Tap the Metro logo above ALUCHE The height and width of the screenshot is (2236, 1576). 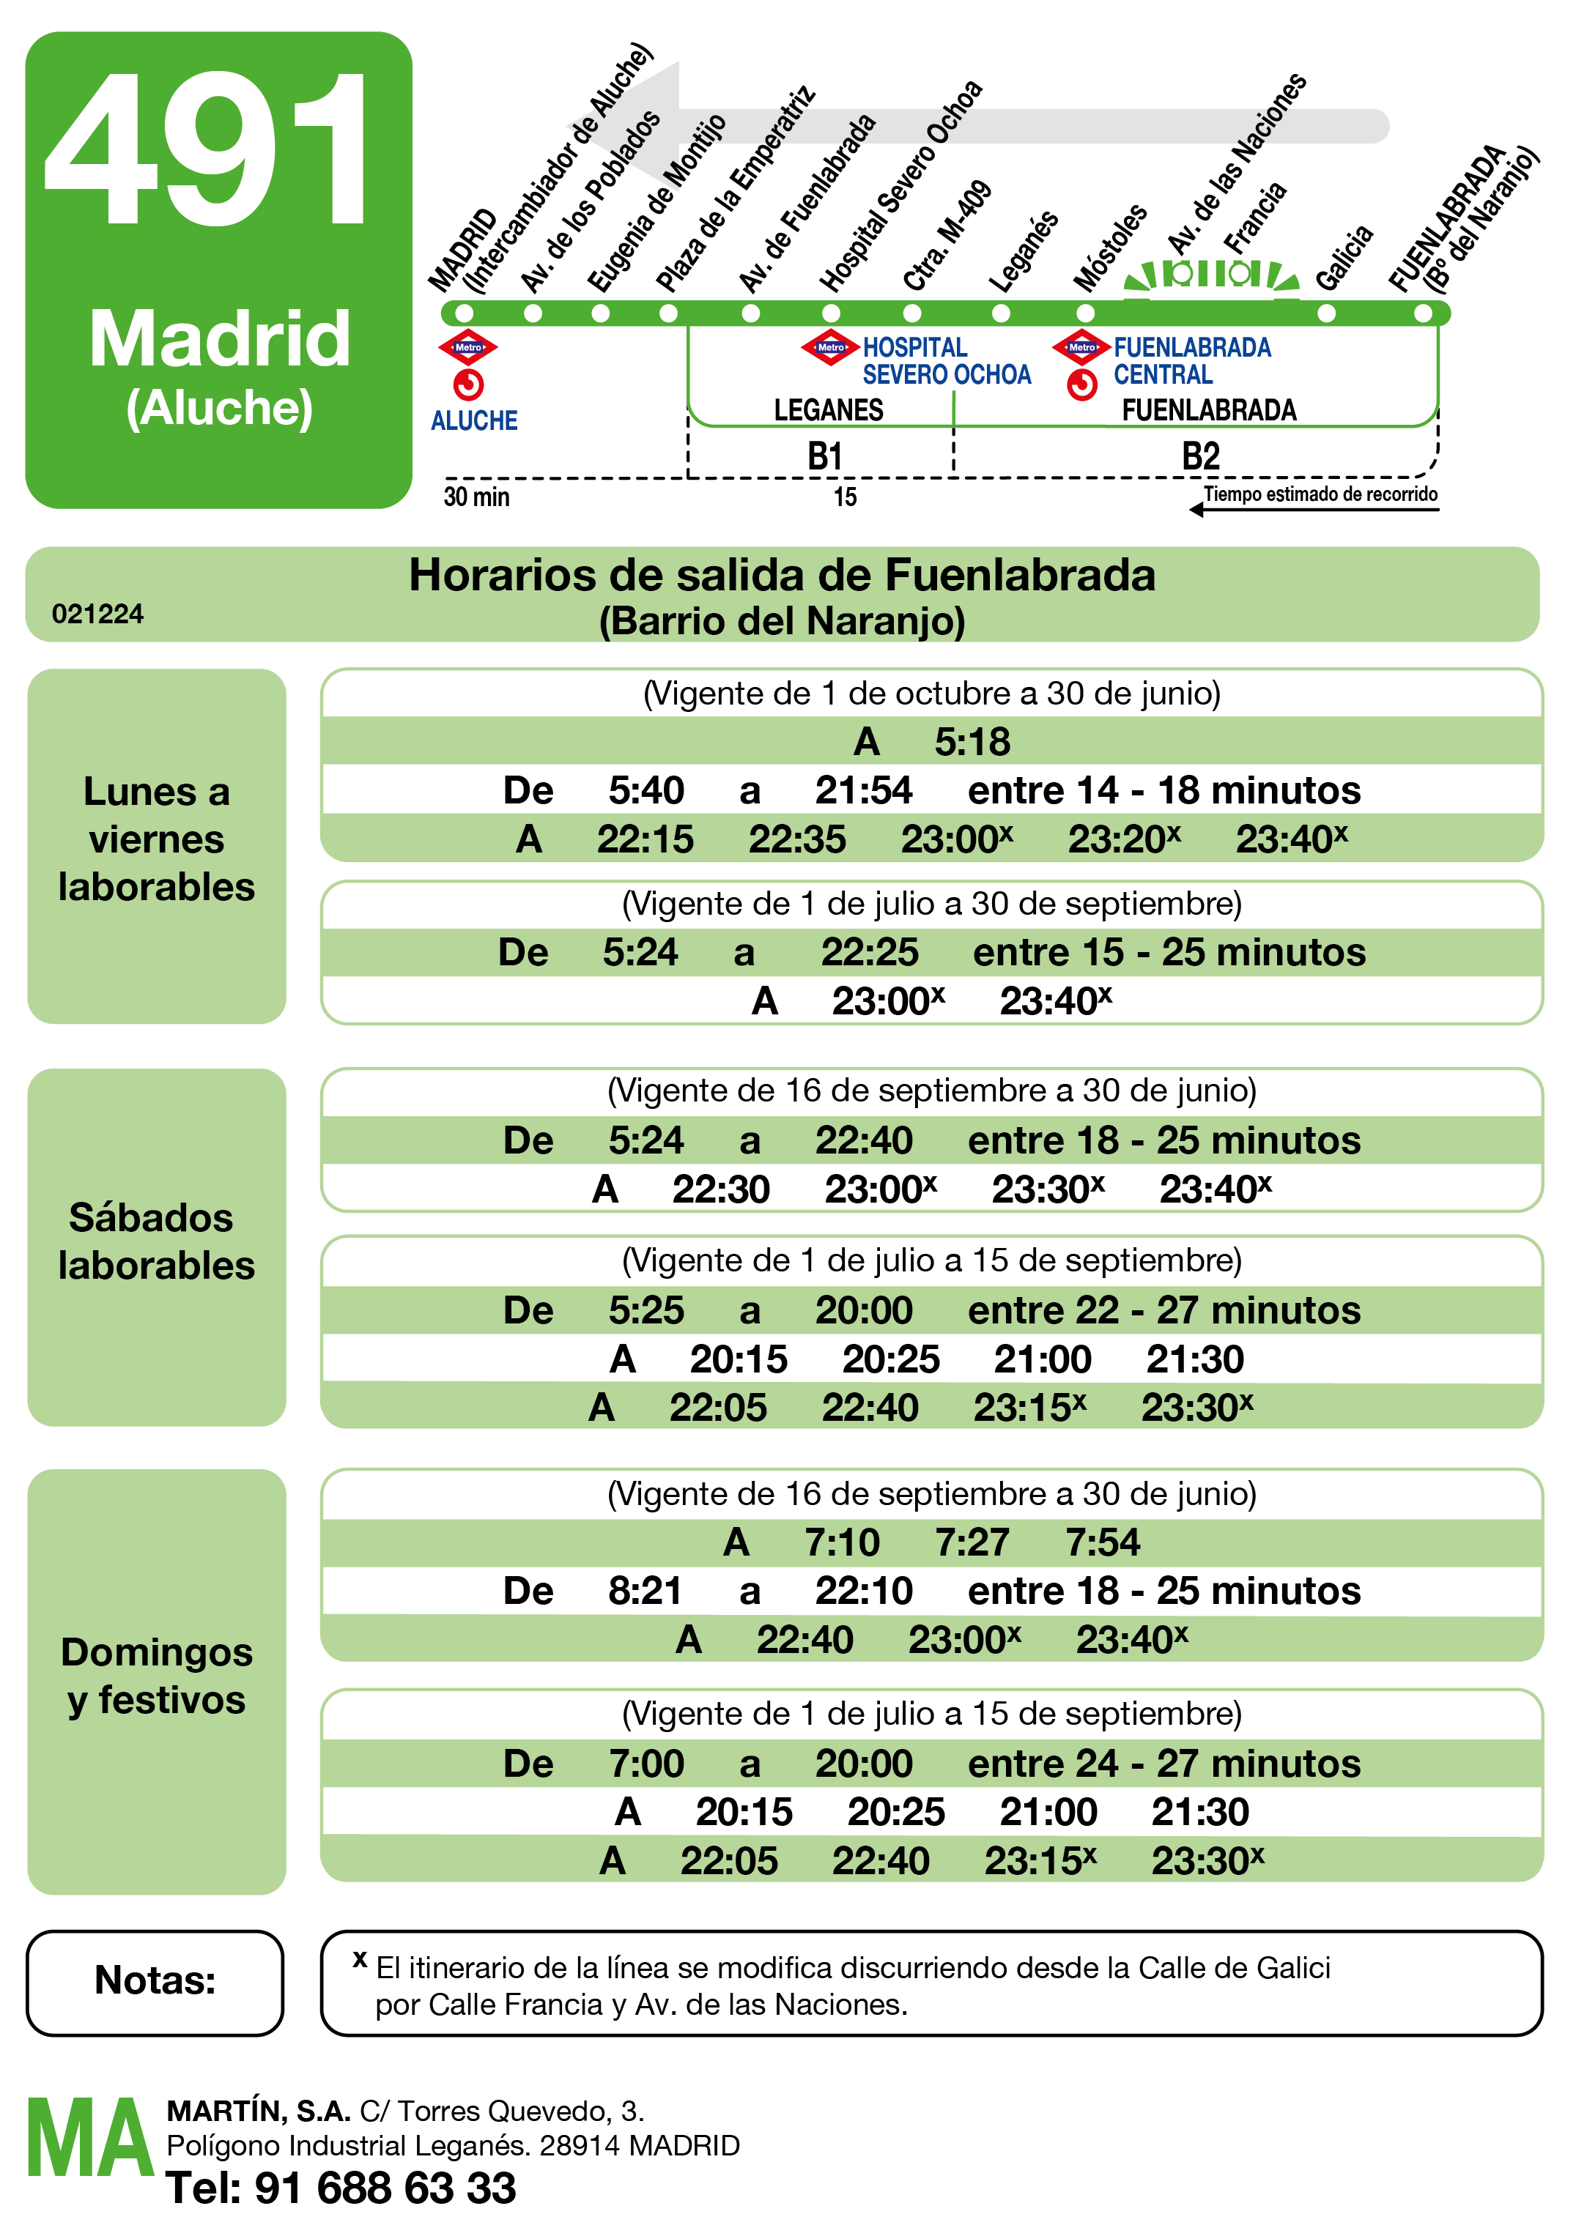click(x=468, y=348)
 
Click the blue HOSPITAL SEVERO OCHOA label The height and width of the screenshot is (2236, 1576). click(x=946, y=361)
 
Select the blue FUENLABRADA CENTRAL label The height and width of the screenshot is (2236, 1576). click(x=1191, y=361)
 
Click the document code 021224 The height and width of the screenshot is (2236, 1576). click(x=97, y=614)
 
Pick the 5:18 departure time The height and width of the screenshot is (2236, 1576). click(x=972, y=742)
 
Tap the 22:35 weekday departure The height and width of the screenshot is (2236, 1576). click(x=796, y=839)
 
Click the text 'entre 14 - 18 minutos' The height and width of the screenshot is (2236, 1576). click(x=1164, y=791)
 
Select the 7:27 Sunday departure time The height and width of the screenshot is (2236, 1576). click(x=972, y=1542)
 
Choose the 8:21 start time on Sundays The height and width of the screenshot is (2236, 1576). click(x=645, y=1591)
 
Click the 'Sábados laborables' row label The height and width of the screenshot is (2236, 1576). click(x=156, y=1241)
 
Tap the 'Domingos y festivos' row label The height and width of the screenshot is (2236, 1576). click(x=156, y=1676)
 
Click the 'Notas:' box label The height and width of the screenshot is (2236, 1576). click(x=155, y=1980)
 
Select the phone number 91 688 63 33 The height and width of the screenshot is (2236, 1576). click(x=385, y=2188)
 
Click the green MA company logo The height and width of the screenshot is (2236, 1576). click(x=89, y=2139)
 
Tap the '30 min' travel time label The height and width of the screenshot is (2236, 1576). click(x=476, y=497)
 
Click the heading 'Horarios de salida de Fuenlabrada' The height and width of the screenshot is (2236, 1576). click(x=783, y=576)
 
